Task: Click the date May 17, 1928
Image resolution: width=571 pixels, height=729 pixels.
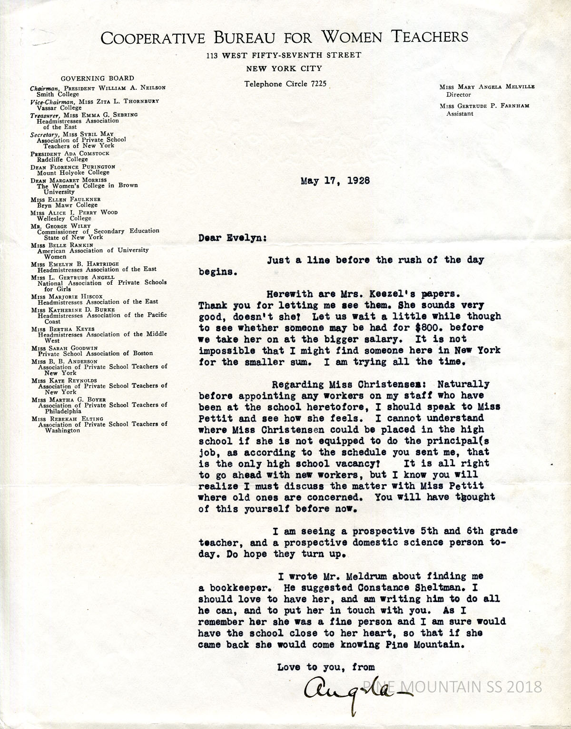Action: (335, 181)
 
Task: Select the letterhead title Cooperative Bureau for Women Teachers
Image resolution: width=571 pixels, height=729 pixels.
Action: (284, 37)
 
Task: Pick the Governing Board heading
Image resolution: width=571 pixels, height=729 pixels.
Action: (97, 78)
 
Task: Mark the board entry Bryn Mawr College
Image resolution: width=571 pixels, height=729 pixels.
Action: (67, 205)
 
